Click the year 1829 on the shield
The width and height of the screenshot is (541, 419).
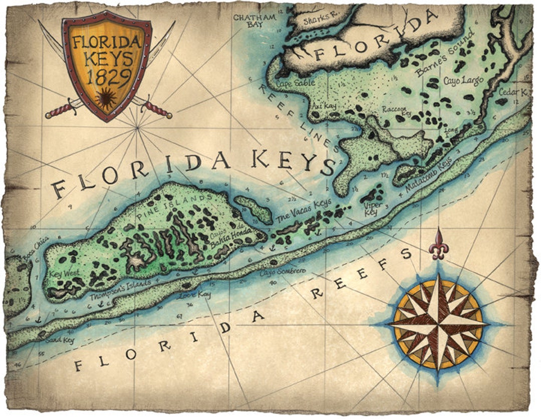106,76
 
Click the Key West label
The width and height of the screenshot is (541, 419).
62,274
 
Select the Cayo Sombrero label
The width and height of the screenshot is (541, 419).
282,271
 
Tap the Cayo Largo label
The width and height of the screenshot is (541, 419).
463,80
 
